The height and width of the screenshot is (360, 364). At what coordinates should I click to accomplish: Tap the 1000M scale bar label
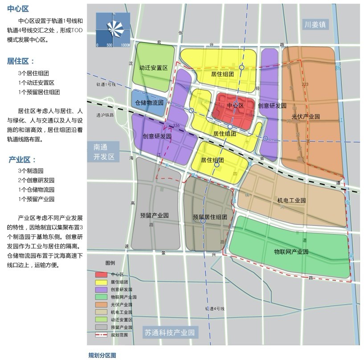click(125, 45)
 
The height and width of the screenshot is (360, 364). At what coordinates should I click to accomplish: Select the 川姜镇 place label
click(315, 25)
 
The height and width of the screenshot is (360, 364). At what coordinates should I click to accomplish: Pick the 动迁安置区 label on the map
click(153, 68)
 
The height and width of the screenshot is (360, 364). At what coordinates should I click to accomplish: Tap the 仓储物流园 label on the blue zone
click(149, 102)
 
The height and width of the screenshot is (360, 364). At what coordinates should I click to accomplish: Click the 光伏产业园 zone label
click(306, 117)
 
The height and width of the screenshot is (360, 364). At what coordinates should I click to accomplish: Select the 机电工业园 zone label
click(291, 200)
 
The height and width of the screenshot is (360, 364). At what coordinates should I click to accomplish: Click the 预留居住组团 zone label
click(210, 217)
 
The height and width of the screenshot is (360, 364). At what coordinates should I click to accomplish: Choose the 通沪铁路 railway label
click(105, 115)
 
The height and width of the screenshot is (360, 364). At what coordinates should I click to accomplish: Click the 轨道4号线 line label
click(213, 308)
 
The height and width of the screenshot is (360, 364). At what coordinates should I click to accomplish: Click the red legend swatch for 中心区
click(101, 274)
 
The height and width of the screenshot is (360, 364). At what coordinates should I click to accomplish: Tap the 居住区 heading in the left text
click(20, 61)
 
